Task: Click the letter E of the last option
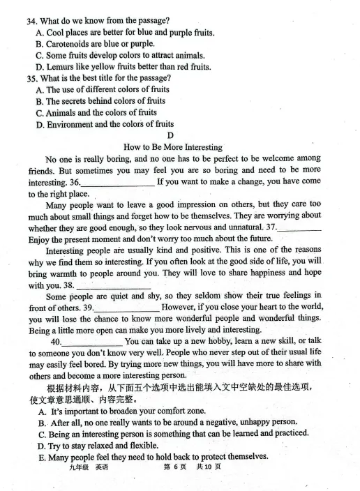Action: click(x=42, y=457)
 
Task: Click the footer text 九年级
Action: click(x=72, y=467)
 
